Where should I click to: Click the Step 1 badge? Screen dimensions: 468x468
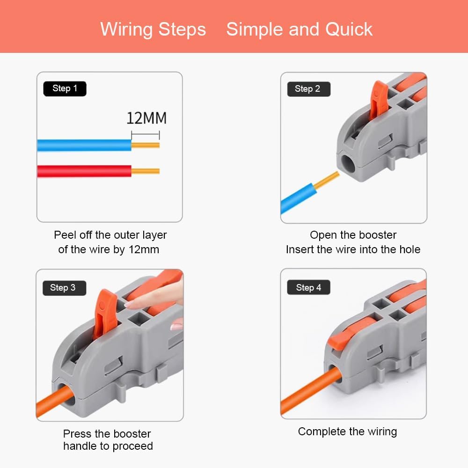(65, 88)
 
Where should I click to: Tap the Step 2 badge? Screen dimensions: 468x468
(308, 89)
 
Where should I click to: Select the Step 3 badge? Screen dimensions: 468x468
(64, 288)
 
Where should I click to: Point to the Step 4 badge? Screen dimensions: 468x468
(308, 287)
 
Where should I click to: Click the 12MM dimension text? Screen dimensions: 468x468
(146, 118)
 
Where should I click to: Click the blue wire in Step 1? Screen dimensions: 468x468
(84, 146)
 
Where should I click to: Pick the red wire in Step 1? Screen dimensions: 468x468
(84, 171)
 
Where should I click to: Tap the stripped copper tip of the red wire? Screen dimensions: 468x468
(146, 171)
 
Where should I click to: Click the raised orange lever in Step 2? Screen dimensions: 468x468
(378, 101)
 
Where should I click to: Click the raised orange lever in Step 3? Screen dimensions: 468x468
(104, 314)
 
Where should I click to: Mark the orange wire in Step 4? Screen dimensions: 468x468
(310, 390)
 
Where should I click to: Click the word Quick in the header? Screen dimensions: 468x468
(349, 29)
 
